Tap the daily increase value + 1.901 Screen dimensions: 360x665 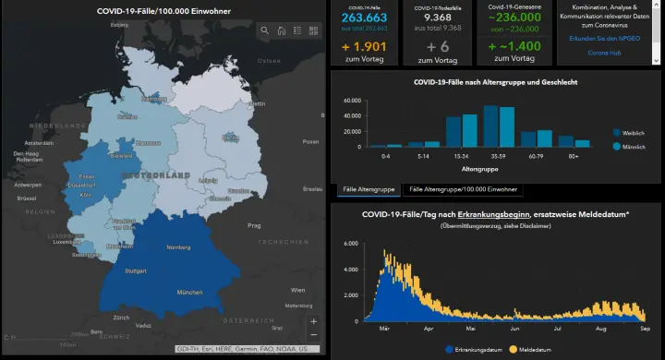[x=364, y=45]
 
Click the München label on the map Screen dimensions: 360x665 [x=189, y=293]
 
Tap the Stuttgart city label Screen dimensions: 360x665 [x=136, y=271]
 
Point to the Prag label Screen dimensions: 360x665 [x=254, y=225]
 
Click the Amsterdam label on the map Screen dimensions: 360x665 [x=39, y=144]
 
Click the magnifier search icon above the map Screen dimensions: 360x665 [x=265, y=30]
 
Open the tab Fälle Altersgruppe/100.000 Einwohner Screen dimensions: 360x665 [x=462, y=189]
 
